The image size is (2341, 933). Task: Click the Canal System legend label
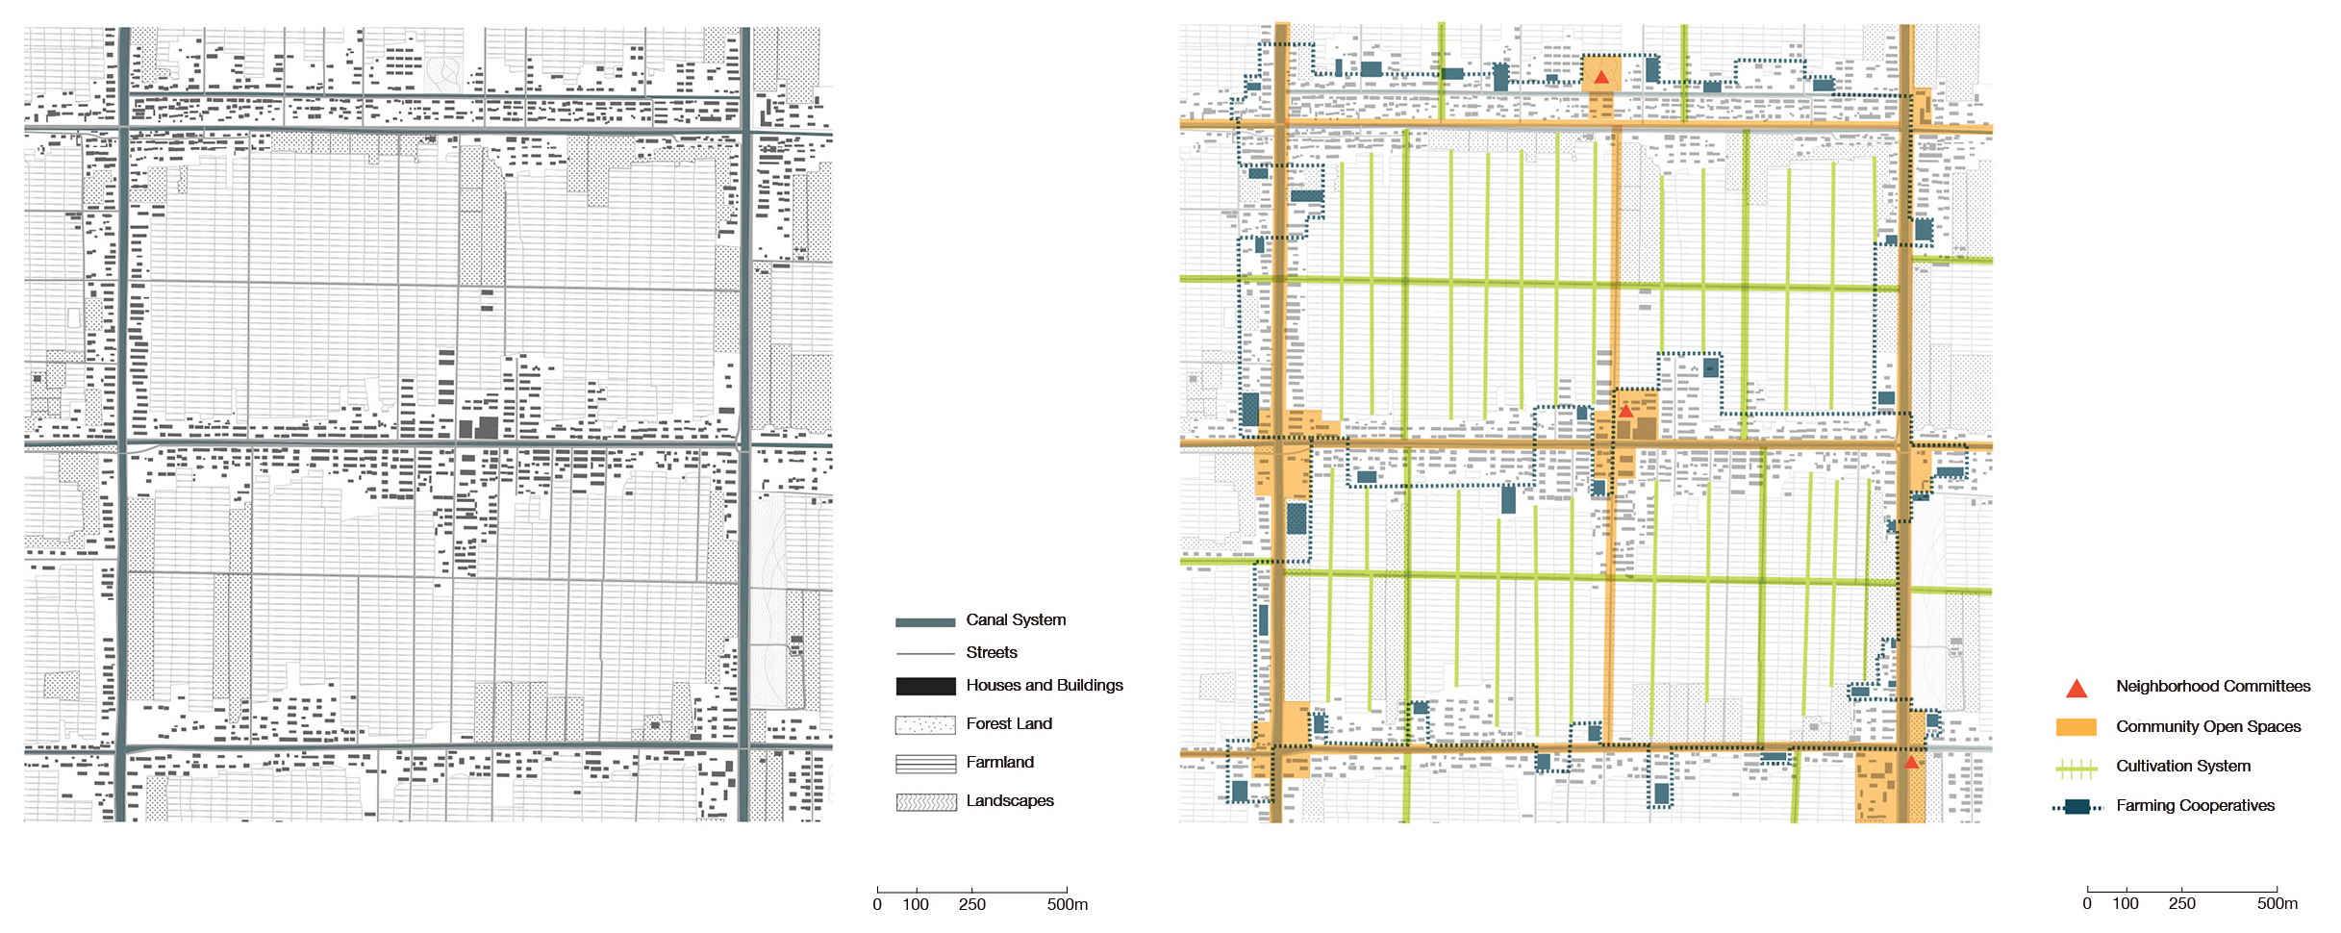coord(1016,620)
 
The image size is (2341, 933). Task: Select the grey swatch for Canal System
coord(925,622)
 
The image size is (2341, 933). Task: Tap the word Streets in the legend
coord(992,652)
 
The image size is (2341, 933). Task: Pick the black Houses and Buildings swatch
coord(925,686)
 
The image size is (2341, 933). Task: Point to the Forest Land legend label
coord(1009,723)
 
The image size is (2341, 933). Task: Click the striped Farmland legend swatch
coord(925,764)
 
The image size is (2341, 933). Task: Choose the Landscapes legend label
coord(1010,800)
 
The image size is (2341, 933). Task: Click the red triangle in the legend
coord(2077,689)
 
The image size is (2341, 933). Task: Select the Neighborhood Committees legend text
coord(2213,686)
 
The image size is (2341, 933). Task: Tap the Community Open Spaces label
coord(2208,726)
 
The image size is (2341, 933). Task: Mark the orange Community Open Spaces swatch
coord(2076,727)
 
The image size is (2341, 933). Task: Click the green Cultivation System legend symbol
coord(2076,768)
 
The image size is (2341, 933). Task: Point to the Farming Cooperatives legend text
coord(2195,805)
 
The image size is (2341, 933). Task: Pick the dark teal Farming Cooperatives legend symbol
coord(2077,807)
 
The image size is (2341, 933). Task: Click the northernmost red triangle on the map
coord(1601,77)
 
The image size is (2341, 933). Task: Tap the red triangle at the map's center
coord(1625,411)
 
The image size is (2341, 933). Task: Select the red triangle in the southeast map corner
coord(1911,762)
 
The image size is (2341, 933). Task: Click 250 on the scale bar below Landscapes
coord(971,904)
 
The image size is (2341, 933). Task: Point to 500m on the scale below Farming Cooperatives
coord(2278,904)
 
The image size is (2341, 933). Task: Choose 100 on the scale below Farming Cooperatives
coord(2126,904)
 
